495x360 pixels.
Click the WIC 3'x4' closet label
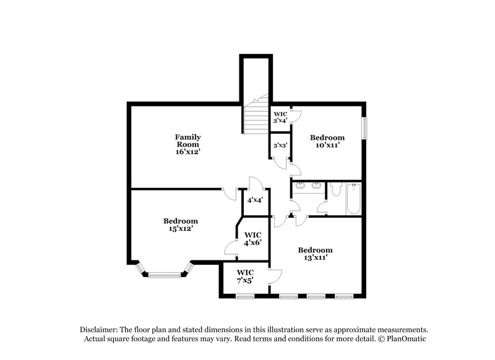280,117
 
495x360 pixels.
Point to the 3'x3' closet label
280,145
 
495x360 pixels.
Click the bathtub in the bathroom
354,198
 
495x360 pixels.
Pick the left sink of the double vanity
301,185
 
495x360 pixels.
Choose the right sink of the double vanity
316,185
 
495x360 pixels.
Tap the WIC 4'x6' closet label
253,239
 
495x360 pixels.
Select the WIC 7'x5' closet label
244,276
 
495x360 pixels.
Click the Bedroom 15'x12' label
181,225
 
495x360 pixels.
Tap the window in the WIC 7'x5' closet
245,296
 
